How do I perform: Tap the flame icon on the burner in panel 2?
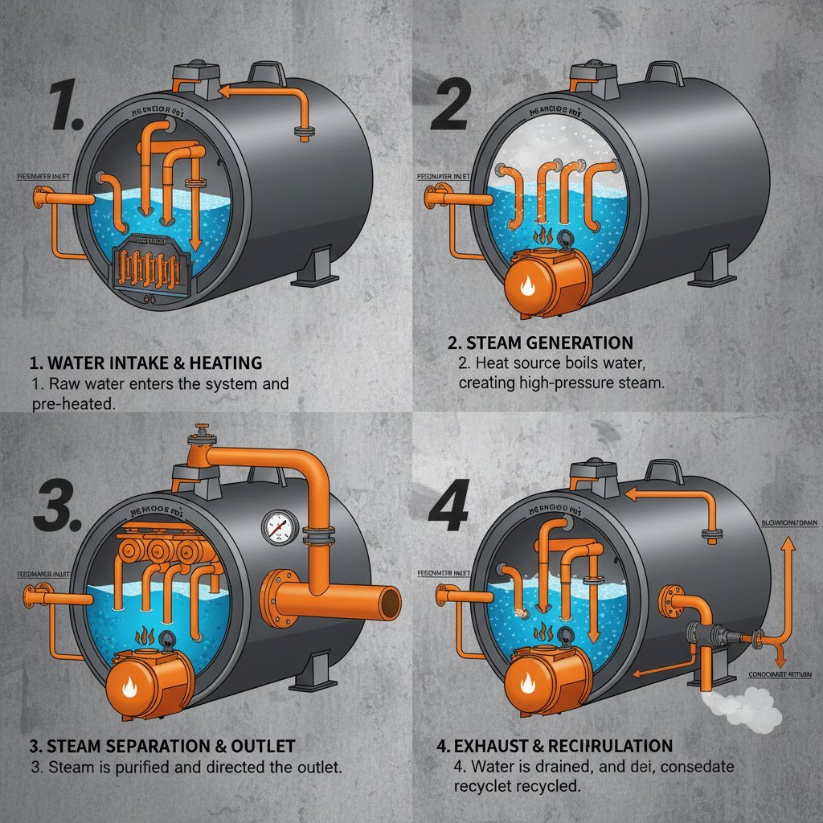point(526,285)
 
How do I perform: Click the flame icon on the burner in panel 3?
point(129,687)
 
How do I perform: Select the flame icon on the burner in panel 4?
point(528,684)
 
